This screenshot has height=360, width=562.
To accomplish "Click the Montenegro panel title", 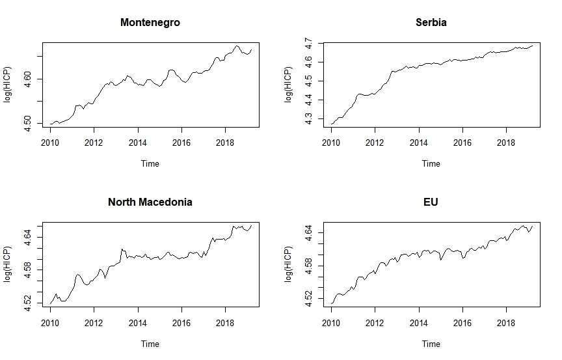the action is [x=150, y=22].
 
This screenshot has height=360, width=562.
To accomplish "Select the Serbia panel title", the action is [x=431, y=22].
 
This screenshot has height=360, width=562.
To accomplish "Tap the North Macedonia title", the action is [x=150, y=202].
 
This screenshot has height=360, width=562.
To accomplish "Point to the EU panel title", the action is [x=431, y=202].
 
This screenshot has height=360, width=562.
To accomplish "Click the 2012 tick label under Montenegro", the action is [x=94, y=143].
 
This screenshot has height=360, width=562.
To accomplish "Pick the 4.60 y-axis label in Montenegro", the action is [x=28, y=79].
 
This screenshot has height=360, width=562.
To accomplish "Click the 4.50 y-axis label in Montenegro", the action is [x=28, y=123].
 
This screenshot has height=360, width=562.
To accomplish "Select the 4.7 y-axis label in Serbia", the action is [x=309, y=44].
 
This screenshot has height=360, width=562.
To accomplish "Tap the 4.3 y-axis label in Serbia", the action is [x=309, y=119].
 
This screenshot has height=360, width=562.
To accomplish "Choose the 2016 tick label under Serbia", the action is [x=462, y=143].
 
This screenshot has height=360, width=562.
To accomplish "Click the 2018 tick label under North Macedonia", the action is [x=225, y=323].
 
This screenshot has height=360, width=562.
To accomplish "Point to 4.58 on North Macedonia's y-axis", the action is [x=28, y=270].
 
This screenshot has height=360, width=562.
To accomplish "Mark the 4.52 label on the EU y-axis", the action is [x=309, y=299].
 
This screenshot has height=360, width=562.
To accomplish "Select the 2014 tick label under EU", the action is [x=419, y=323].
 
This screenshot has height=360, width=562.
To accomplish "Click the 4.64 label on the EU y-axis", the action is [x=309, y=233].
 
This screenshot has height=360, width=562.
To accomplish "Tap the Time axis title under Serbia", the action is [x=431, y=164].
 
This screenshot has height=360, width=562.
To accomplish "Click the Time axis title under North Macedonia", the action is [x=150, y=344].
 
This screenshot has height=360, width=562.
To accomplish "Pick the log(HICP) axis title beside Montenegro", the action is [x=8, y=85].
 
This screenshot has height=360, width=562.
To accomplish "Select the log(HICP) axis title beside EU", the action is [x=289, y=264].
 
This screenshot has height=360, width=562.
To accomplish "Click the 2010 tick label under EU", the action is [x=331, y=323].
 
